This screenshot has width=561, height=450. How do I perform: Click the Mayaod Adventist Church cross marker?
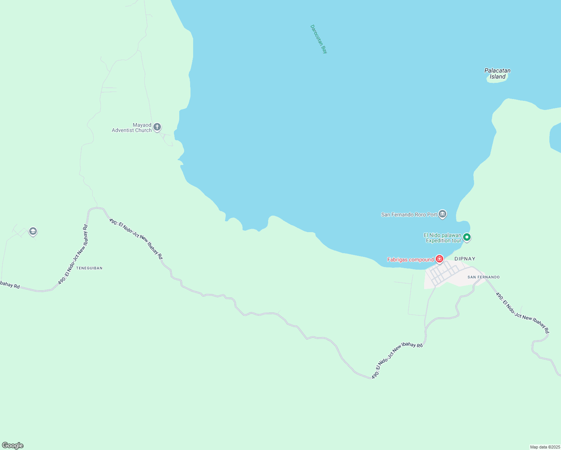point(157,127)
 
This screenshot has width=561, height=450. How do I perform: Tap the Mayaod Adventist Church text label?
point(132,128)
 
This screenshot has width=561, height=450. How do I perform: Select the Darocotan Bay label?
point(319,39)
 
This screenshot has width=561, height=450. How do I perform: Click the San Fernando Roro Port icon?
point(442,214)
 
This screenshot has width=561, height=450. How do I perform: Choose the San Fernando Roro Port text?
point(409,215)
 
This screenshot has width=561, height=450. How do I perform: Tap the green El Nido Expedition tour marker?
point(467,237)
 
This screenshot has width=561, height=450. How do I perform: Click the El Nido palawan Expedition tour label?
point(443,238)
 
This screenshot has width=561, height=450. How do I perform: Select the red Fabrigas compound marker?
point(439,259)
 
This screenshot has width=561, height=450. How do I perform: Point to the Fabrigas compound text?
point(410,260)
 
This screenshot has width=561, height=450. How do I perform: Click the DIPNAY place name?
point(465,259)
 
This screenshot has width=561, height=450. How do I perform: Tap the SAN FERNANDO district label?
point(483,277)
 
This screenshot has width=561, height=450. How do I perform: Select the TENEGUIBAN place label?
point(89,268)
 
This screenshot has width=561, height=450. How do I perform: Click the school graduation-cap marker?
point(33,231)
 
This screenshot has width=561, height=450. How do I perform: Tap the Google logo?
point(13,445)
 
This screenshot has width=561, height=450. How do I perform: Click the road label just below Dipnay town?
point(397,360)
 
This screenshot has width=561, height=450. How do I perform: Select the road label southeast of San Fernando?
point(522,313)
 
